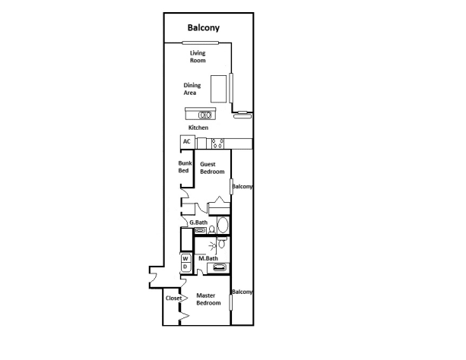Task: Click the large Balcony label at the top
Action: pyautogui.click(x=204, y=28)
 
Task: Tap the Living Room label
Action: pyautogui.click(x=198, y=56)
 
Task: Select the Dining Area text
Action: pyautogui.click(x=192, y=89)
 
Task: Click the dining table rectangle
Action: pyautogui.click(x=220, y=88)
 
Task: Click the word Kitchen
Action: pyautogui.click(x=198, y=128)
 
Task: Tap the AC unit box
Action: pyautogui.click(x=186, y=142)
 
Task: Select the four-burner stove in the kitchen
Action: pyautogui.click(x=217, y=143)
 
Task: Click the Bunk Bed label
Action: pyautogui.click(x=183, y=167)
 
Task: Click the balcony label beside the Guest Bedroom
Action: pyautogui.click(x=242, y=186)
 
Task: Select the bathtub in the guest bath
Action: pyautogui.click(x=223, y=226)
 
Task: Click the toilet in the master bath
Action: pyautogui.click(x=220, y=243)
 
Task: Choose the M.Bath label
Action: pyautogui.click(x=208, y=259)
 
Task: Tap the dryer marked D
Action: pyautogui.click(x=185, y=267)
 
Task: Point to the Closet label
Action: pyautogui.click(x=173, y=298)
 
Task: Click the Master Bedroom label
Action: pyautogui.click(x=208, y=299)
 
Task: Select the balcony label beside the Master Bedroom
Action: pyautogui.click(x=242, y=292)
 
